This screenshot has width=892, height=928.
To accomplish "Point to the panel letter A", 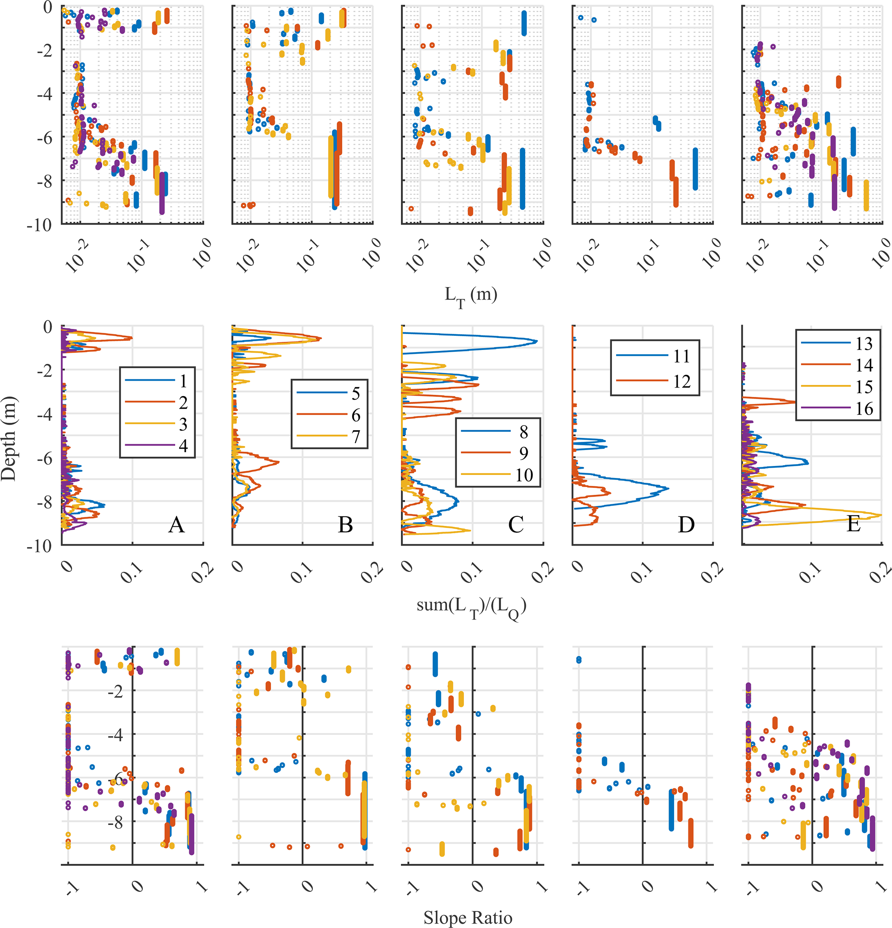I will coord(177,525).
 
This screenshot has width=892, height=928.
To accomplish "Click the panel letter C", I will coord(516,525).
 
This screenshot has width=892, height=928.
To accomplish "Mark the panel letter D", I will coord(686,525).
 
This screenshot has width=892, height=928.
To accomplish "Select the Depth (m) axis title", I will coord(9,438).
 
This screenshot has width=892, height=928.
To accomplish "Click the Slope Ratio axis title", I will coord(468,917).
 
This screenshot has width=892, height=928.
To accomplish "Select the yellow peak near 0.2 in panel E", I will coord(881,515).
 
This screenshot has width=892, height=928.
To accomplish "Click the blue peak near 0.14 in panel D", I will coord(668,488).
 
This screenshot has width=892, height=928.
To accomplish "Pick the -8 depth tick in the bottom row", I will coord(115,823).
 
